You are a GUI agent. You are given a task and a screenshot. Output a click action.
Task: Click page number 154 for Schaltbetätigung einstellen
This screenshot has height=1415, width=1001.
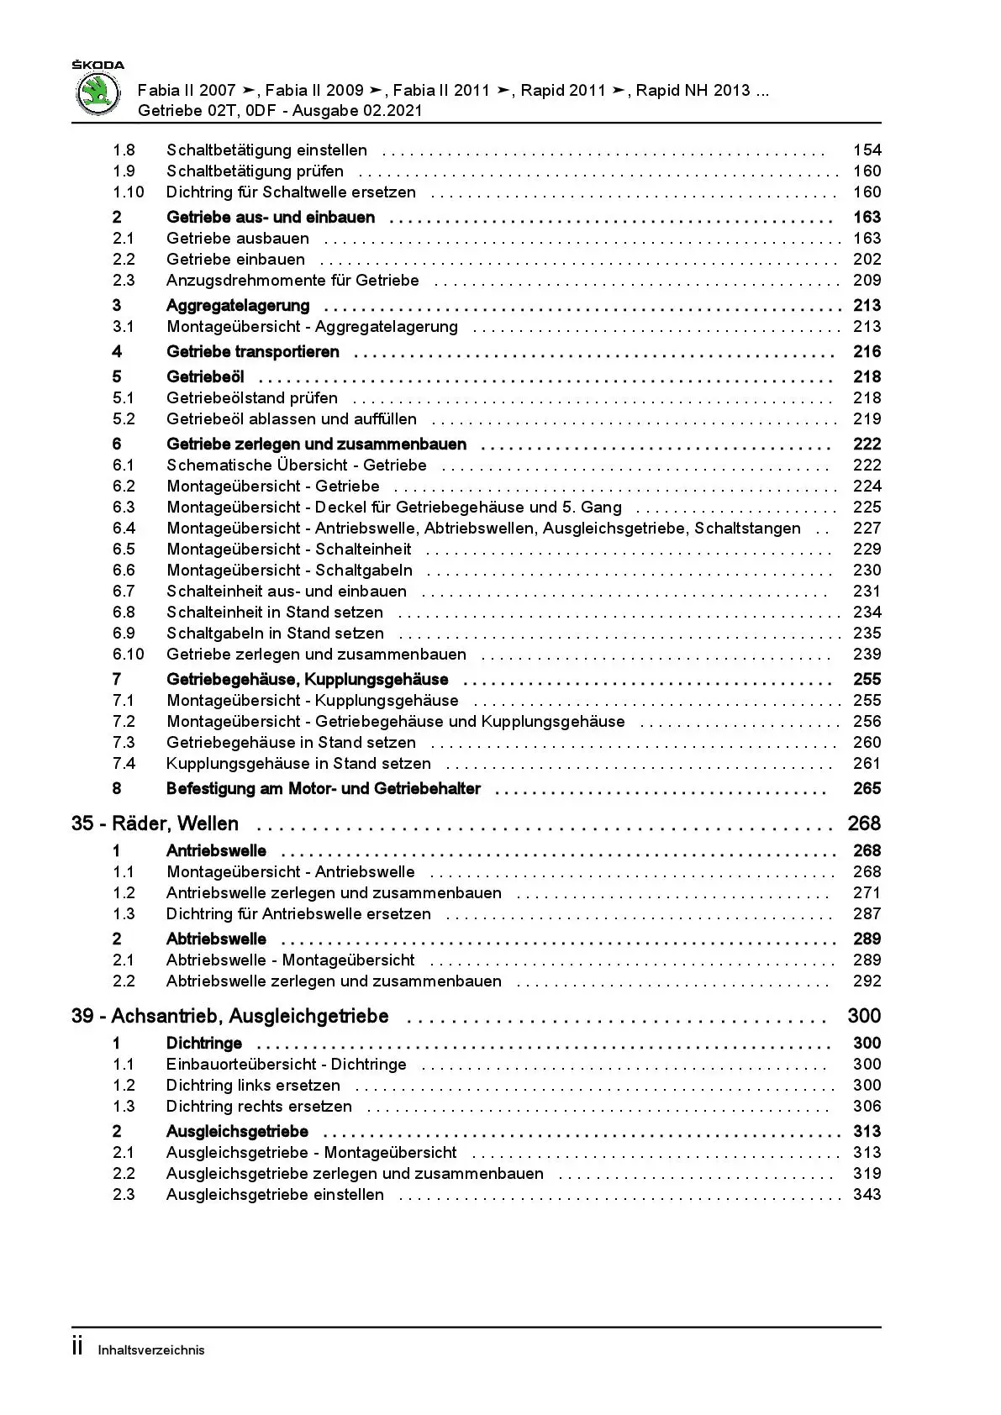pyautogui.click(x=867, y=150)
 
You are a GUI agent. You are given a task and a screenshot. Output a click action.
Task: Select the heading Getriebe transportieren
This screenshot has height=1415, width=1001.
pyautogui.click(x=253, y=352)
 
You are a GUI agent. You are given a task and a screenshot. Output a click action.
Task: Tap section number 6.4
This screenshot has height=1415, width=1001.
pyautogui.click(x=124, y=529)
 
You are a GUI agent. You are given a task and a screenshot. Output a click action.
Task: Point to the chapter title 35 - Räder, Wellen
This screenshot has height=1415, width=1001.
pyautogui.click(x=155, y=824)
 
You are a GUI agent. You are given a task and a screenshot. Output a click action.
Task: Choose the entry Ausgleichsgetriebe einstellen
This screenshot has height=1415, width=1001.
pyautogui.click(x=275, y=1195)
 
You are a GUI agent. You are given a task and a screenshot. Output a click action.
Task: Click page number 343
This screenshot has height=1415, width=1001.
pyautogui.click(x=867, y=1195)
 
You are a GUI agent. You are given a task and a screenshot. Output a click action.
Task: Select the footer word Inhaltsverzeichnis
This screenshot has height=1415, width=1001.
pyautogui.click(x=151, y=1350)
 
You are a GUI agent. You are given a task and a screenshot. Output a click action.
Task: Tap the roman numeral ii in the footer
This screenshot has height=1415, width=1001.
pyautogui.click(x=77, y=1348)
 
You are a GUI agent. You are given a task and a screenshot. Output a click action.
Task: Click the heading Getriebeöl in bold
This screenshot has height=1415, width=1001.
pyautogui.click(x=205, y=377)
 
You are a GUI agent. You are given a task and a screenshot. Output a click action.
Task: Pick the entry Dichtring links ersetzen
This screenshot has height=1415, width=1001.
pyautogui.click(x=253, y=1086)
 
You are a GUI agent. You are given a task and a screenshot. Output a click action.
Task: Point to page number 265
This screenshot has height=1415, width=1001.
pyautogui.click(x=867, y=789)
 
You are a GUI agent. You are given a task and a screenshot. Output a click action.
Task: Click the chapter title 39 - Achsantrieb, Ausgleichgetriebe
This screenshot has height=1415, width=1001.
pyautogui.click(x=230, y=1017)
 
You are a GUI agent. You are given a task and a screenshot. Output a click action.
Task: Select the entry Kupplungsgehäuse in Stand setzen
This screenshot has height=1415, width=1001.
pyautogui.click(x=298, y=764)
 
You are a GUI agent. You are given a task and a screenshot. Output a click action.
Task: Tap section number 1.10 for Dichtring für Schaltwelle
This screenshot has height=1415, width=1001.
pyautogui.click(x=129, y=192)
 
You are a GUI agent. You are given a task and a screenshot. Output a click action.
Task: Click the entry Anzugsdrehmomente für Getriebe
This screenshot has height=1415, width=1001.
pyautogui.click(x=292, y=281)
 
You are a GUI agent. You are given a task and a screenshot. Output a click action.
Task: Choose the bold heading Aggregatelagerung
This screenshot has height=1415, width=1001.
pyautogui.click(x=238, y=306)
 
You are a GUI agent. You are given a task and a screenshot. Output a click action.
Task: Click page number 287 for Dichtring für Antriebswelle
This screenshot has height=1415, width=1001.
pyautogui.click(x=867, y=914)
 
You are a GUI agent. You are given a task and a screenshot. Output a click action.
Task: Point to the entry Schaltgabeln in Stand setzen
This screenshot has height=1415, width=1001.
pyautogui.click(x=275, y=634)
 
